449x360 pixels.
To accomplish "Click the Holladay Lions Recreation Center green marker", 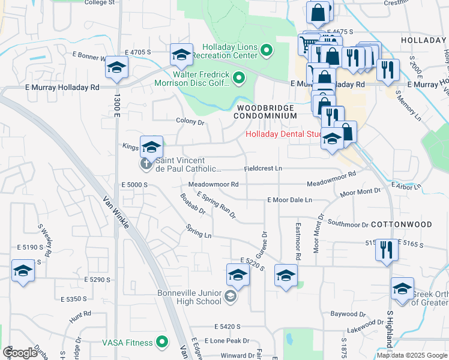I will pyautogui.click(x=267, y=51).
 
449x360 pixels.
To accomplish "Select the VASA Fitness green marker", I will pyautogui.click(x=161, y=343).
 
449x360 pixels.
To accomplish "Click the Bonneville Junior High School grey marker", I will pyautogui.click(x=230, y=296).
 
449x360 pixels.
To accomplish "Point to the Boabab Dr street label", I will pyautogui.click(x=192, y=203).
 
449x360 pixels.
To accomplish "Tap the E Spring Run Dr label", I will pyautogui.click(x=216, y=205).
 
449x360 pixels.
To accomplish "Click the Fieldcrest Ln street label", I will pyautogui.click(x=263, y=169).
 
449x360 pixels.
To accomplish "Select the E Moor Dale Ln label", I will pyautogui.click(x=290, y=199).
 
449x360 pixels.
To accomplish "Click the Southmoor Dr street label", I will pyautogui.click(x=348, y=224).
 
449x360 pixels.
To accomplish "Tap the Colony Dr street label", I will pyautogui.click(x=190, y=122).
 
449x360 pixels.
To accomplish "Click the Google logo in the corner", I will pyautogui.click(x=19, y=353).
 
